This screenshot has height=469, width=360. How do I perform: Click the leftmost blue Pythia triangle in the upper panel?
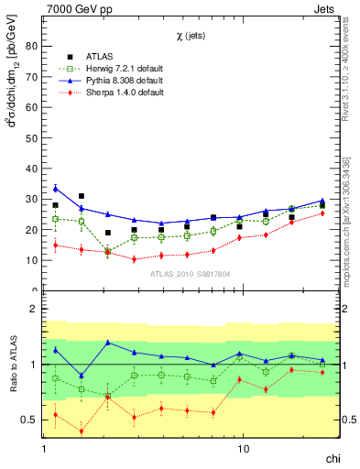tap(55, 188)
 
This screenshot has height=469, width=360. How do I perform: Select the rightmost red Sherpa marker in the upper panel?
tap(322, 213)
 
